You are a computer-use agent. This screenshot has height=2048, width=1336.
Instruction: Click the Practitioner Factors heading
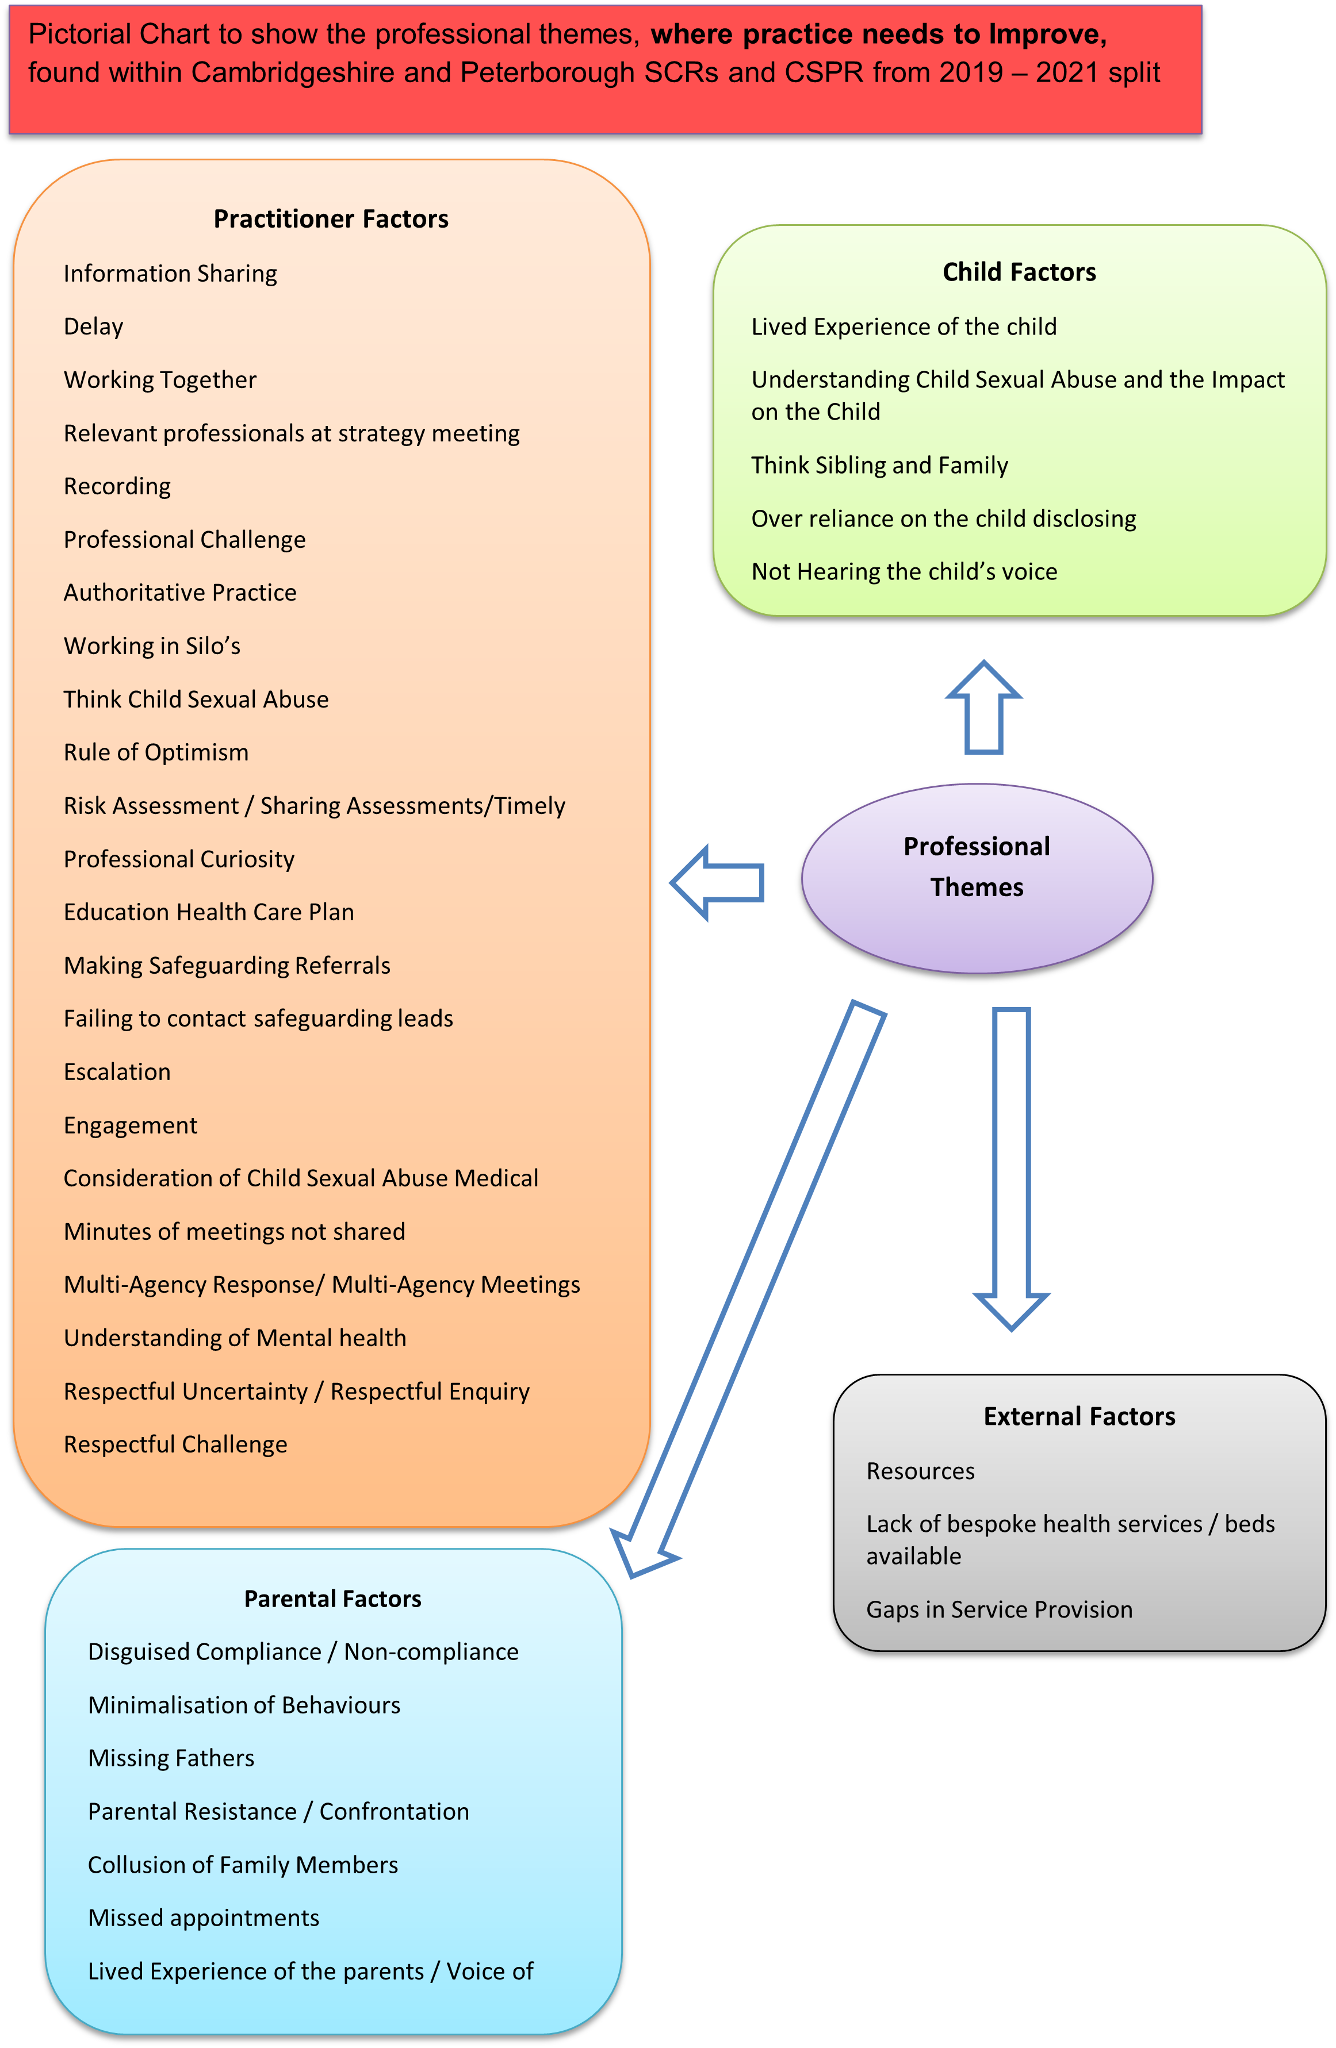click(x=331, y=220)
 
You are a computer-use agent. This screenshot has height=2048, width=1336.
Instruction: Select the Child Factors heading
click(x=1019, y=272)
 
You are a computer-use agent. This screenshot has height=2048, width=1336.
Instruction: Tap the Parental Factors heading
click(x=332, y=1599)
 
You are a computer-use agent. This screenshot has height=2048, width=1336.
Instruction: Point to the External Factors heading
click(x=1079, y=1416)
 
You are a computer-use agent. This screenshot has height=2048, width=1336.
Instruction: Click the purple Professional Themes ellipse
click(x=977, y=878)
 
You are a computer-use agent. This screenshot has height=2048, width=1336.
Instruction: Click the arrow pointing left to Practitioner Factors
click(x=717, y=883)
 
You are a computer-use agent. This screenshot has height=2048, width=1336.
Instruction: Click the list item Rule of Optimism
click(x=156, y=752)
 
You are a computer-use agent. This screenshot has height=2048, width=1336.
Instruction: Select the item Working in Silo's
click(x=151, y=645)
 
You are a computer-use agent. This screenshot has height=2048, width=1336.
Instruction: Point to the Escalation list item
click(x=117, y=1071)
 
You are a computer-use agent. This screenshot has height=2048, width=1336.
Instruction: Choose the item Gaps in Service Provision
click(x=998, y=1609)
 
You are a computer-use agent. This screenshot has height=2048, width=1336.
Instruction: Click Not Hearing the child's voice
click(x=904, y=571)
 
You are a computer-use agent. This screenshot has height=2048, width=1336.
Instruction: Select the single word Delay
click(x=93, y=326)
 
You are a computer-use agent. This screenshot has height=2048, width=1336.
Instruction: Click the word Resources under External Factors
click(x=920, y=1470)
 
